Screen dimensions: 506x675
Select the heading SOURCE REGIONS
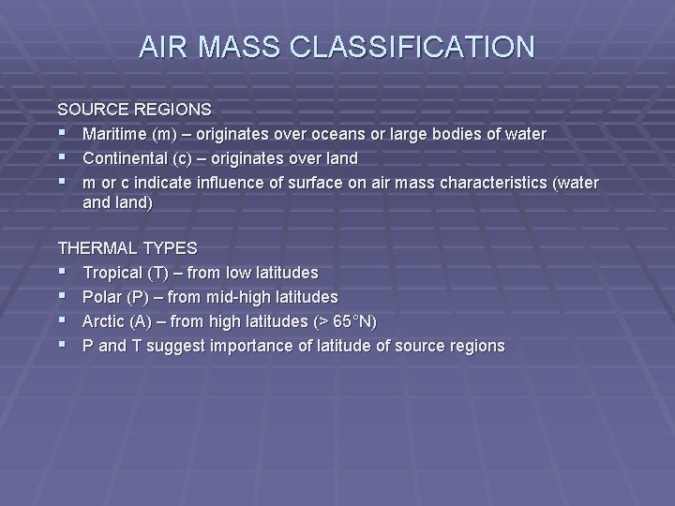pyautogui.click(x=135, y=110)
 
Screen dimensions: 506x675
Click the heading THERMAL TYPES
pyautogui.click(x=127, y=248)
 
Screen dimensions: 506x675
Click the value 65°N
pyautogui.click(x=352, y=321)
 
